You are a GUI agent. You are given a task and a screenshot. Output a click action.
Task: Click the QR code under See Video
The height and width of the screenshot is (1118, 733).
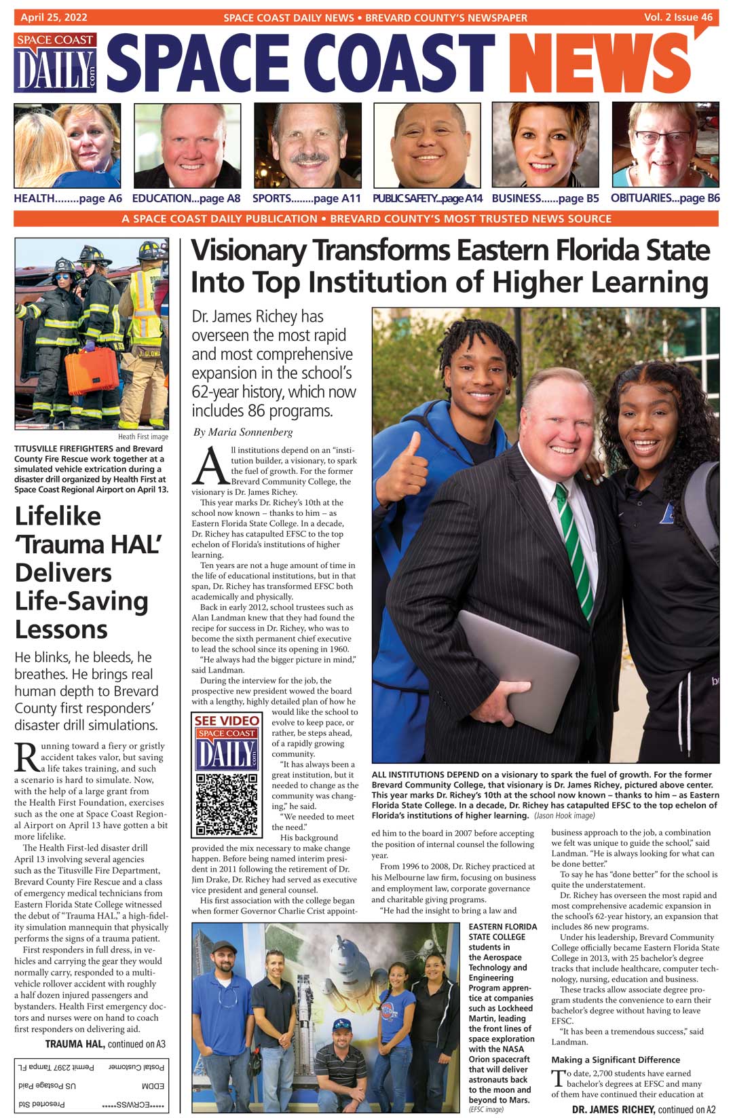(227, 804)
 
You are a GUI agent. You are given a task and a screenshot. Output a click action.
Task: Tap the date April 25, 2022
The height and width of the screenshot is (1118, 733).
(54, 18)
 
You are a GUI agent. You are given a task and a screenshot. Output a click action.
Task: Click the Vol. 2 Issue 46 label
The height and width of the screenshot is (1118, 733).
(678, 18)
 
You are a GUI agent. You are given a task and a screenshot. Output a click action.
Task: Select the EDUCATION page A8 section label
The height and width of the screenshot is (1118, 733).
(186, 198)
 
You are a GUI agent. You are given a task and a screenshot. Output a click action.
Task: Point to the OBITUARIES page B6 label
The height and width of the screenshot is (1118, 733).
(664, 198)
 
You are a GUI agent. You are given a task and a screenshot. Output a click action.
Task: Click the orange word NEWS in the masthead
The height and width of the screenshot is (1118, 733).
(601, 65)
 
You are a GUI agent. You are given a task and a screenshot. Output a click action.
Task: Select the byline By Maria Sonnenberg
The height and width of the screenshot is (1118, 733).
(243, 432)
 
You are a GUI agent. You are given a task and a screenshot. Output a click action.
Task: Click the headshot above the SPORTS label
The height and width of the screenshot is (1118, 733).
(307, 146)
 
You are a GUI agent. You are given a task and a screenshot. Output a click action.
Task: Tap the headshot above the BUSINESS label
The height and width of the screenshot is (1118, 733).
(546, 146)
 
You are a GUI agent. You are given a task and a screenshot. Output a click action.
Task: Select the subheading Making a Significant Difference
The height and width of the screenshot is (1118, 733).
(616, 1060)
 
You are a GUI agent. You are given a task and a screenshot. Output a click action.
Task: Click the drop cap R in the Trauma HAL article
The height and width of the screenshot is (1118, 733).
(26, 758)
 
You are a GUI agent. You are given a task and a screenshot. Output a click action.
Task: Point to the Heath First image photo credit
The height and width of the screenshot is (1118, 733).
(143, 436)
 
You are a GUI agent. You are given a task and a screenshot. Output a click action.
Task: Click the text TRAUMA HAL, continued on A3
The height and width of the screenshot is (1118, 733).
(105, 1044)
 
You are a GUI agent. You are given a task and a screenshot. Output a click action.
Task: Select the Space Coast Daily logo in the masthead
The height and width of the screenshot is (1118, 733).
(56, 63)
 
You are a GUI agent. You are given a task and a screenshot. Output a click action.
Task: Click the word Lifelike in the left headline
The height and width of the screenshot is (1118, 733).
(58, 517)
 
